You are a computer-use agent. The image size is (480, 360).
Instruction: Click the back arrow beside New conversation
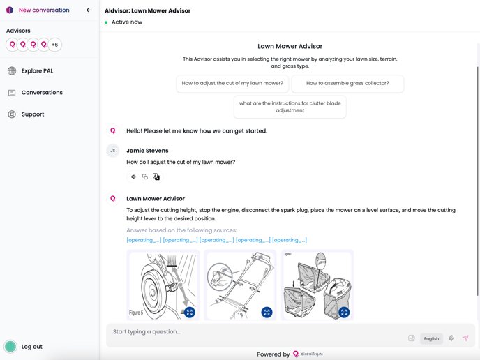tap(89, 10)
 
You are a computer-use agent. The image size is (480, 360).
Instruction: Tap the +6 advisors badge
tap(54, 45)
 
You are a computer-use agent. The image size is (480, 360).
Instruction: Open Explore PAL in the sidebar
tap(37, 71)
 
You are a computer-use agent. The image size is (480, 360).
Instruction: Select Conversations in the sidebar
tap(42, 93)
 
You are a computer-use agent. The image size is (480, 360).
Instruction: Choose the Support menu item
tap(32, 114)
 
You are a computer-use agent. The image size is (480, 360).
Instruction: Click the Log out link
tap(31, 347)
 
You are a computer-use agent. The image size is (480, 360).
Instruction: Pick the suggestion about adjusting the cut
tap(232, 84)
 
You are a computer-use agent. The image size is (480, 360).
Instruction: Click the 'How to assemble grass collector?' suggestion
tap(347, 84)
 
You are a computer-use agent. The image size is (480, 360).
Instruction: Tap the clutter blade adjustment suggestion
tap(290, 107)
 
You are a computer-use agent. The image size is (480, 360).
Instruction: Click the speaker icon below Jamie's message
tap(133, 177)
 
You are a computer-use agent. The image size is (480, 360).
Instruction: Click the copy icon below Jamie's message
tap(145, 177)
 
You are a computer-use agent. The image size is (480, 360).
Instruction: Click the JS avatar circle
tap(112, 151)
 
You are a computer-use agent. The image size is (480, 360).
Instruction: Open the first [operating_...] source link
tap(144, 240)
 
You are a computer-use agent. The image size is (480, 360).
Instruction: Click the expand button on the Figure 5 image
tap(190, 312)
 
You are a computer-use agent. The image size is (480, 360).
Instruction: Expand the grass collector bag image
tap(344, 312)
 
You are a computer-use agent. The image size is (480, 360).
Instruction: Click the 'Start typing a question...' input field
tap(255, 332)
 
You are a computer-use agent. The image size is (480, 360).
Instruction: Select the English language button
tap(431, 339)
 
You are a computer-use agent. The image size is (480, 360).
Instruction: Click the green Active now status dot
tap(106, 22)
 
